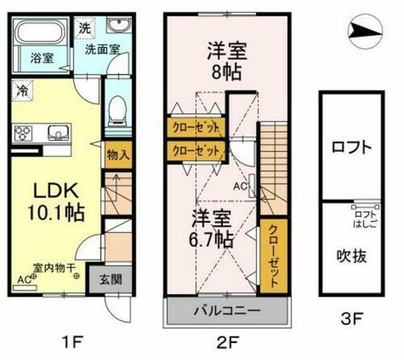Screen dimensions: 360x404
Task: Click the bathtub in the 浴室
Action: coord(40,36)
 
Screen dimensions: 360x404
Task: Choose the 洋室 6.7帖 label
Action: coord(213,228)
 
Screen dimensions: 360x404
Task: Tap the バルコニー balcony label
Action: coord(225,311)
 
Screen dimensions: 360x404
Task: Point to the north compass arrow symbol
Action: coord(361,32)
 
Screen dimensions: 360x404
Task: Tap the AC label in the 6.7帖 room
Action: coord(239,184)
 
